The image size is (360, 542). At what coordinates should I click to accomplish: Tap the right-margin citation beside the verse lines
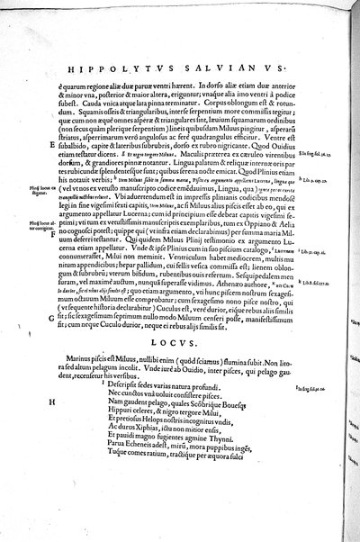click(x=310, y=362)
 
